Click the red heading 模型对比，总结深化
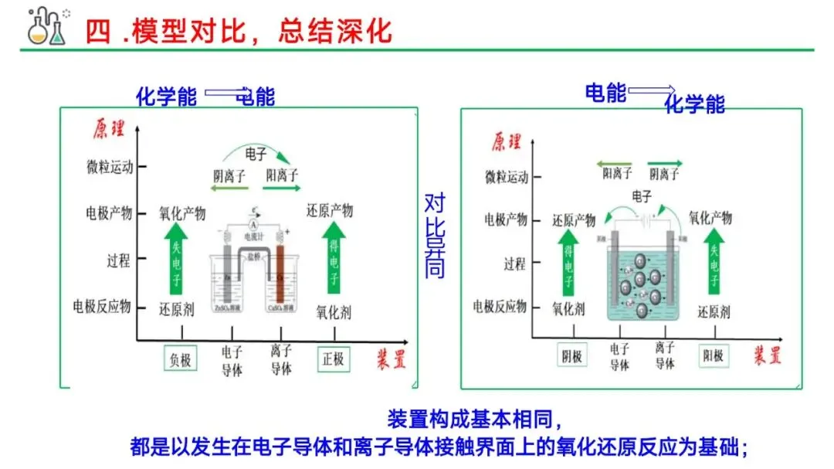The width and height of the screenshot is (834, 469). pos(239,31)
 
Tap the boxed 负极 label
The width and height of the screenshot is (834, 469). pos(180,359)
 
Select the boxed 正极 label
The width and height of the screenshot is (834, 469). pos(334,359)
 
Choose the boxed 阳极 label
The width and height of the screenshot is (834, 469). pos(711,355)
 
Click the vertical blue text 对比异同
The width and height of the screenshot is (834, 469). pos(435,236)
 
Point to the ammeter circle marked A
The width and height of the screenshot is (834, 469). pos(252,224)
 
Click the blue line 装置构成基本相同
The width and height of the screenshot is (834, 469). pos(475,420)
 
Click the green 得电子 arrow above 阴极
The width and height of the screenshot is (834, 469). pos(568,267)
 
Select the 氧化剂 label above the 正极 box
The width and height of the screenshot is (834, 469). pos(334,314)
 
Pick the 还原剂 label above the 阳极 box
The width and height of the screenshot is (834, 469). pos(714,313)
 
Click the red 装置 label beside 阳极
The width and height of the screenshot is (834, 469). pos(767,355)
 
